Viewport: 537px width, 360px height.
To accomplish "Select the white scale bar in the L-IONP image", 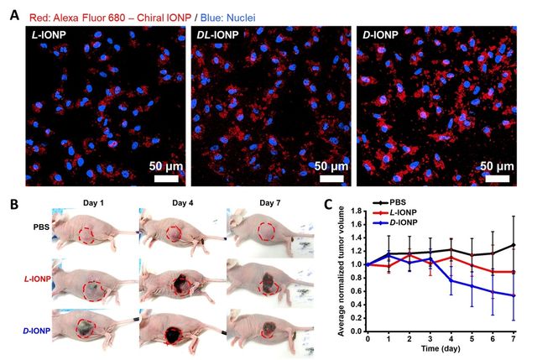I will tap(165, 178).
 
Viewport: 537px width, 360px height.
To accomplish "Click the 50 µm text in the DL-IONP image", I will tap(331, 165).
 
